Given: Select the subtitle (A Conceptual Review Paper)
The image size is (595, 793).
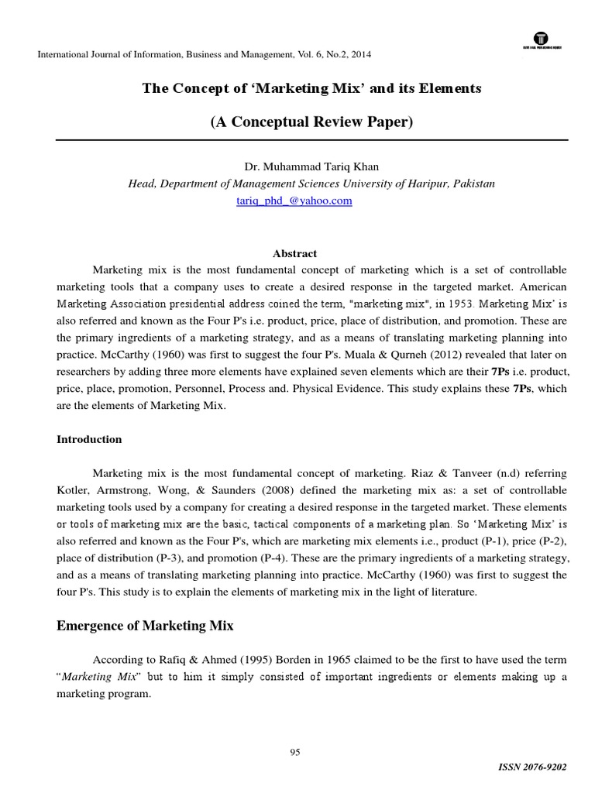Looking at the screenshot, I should pos(311,123).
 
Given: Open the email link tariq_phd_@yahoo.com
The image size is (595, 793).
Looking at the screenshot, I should pos(294,201).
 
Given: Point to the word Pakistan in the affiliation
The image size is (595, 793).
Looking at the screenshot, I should pos(475,184).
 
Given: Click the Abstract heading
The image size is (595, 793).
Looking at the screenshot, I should pos(295,253).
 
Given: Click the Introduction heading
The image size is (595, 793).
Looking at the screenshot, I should pos(89,439).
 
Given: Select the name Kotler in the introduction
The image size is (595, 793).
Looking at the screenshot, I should pos(76,490).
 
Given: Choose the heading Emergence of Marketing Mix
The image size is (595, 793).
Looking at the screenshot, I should pos(145,625).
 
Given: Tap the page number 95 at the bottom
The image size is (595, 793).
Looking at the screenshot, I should pos(295,752).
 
